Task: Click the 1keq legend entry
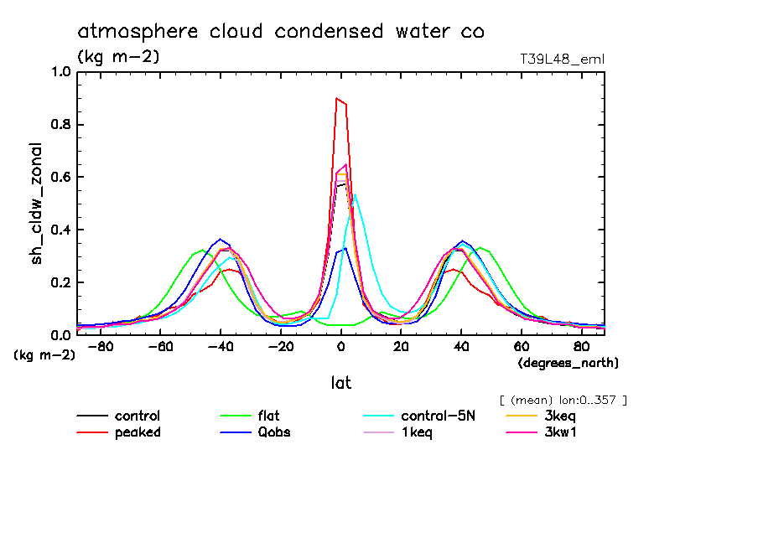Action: pos(417,432)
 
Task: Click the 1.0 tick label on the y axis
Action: pos(61,72)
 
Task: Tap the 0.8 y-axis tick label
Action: pos(61,125)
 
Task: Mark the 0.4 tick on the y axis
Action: pos(61,230)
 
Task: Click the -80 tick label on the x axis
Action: pos(101,347)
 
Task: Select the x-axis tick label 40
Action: pos(461,347)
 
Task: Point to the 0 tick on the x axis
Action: pos(341,347)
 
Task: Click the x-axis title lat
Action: pos(340,383)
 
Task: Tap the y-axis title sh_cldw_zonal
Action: pos(38,204)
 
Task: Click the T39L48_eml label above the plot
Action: pos(562,59)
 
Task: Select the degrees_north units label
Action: pos(568,363)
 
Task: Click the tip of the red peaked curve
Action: pos(337,99)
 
